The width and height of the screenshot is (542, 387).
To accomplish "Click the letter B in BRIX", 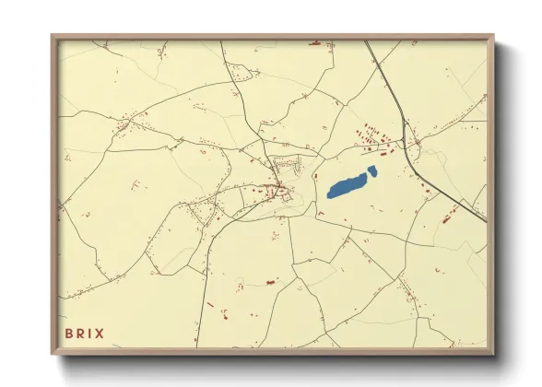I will coord(69,333).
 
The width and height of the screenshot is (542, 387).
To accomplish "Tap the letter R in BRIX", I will coord(81,333).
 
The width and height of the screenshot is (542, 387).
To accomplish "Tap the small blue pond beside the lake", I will coord(372,170).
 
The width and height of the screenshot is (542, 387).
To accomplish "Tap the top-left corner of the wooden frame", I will coord(53,37).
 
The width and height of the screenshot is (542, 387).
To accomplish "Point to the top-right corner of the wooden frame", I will coord(493,37).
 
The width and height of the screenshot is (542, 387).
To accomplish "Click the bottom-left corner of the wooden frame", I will coord(53,355).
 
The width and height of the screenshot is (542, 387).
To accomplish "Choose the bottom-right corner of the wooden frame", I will coord(493,355).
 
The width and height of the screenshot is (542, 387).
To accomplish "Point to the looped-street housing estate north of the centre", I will coord(288,166).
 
